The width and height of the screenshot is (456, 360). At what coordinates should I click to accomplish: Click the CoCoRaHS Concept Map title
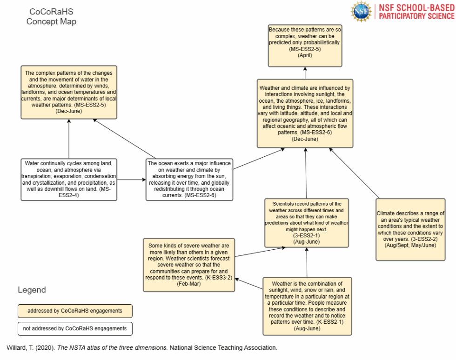(x=51, y=16)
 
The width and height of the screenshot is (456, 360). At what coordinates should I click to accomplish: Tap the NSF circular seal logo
(x=362, y=11)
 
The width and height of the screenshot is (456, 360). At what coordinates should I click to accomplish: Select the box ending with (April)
(x=305, y=46)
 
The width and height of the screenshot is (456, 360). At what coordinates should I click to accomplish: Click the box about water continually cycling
(x=68, y=180)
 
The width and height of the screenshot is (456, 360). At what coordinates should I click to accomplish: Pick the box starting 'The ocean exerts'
(x=188, y=180)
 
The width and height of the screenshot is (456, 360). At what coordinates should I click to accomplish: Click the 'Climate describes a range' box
(x=410, y=229)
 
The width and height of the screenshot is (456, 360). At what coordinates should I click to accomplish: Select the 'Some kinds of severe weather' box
(x=188, y=265)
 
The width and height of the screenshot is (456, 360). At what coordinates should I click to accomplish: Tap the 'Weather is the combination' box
(x=307, y=306)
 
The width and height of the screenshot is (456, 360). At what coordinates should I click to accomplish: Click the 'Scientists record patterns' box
(x=307, y=223)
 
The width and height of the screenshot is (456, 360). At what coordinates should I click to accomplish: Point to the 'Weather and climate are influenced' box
(x=305, y=113)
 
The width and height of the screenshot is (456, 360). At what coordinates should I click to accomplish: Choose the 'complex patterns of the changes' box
(x=68, y=92)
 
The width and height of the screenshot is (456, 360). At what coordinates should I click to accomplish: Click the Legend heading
(x=32, y=290)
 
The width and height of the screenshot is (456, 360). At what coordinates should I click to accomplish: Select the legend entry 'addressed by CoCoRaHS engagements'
(x=75, y=311)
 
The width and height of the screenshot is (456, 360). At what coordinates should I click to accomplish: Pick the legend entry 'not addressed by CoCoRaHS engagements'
(x=75, y=328)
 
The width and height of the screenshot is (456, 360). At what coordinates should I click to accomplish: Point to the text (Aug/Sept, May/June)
(x=410, y=245)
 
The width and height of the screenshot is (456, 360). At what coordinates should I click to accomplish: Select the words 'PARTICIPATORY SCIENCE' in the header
(x=416, y=16)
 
